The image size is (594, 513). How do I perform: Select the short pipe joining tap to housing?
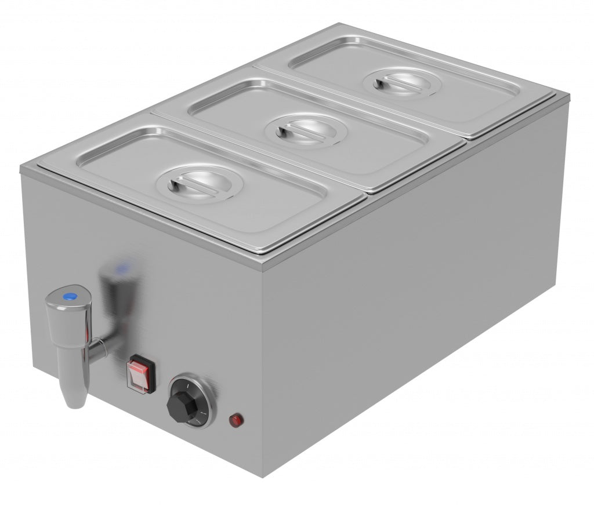[x=97, y=348]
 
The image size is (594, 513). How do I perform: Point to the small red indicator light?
[x=236, y=419]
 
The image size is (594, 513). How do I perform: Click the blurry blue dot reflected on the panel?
[x=122, y=269]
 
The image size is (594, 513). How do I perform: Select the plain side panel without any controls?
[x=418, y=290]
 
